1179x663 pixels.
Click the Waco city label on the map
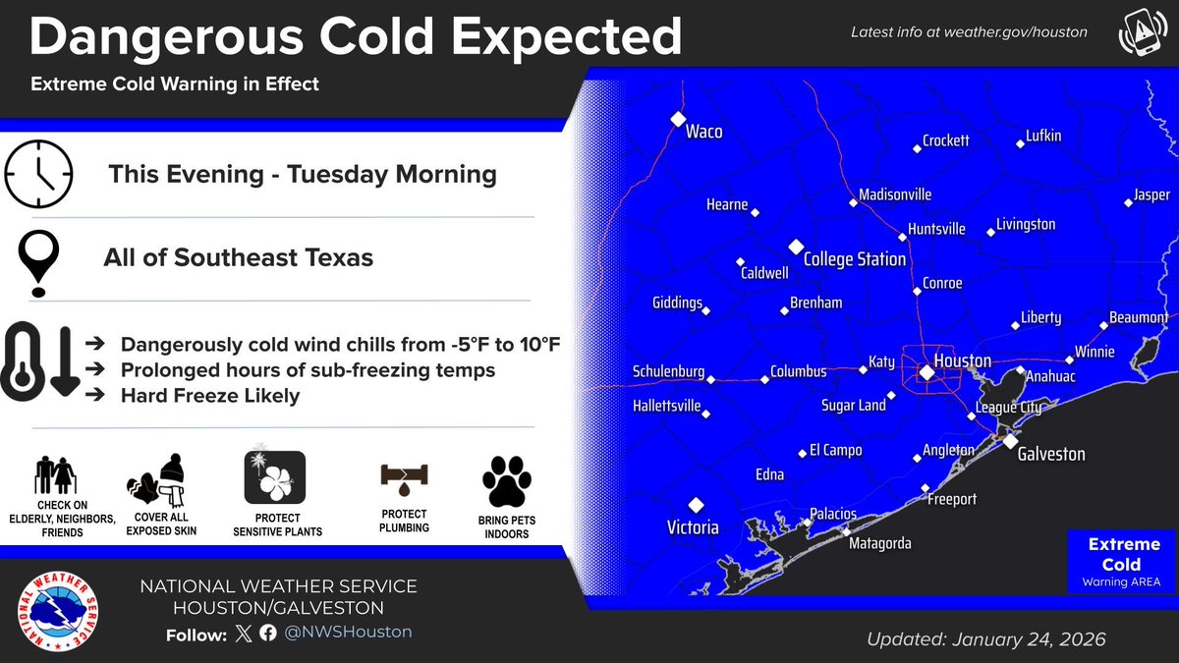pos(703,131)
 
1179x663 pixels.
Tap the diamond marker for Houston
pos(926,372)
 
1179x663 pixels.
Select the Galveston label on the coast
pos(1050,454)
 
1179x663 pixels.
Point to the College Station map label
pos(854,259)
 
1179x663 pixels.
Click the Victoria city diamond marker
pos(696,505)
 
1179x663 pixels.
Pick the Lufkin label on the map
pos(1042,136)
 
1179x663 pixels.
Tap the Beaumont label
pos(1138,318)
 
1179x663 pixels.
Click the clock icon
pos(39,174)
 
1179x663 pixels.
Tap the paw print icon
pos(506,481)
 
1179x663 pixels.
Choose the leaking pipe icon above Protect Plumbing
pos(404,480)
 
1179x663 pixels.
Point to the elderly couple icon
pos(55,476)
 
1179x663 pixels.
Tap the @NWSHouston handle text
pos(348,633)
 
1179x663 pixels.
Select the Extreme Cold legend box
pos(1123,563)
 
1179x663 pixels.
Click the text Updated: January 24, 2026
pos(985,639)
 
